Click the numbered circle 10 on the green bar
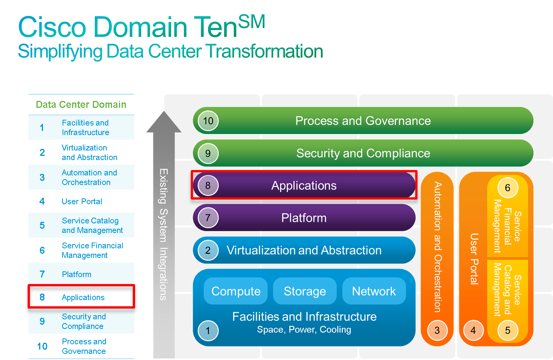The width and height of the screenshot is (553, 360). click(208, 121)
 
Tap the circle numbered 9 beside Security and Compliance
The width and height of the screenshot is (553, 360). click(208, 154)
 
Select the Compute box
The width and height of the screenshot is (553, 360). click(236, 291)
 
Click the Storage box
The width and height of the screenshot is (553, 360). click(305, 291)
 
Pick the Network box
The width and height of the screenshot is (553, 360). click(374, 291)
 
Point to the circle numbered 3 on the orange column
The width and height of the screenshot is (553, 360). click(437, 330)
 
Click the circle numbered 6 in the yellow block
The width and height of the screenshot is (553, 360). click(508, 188)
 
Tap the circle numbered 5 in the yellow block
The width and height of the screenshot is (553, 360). click(508, 330)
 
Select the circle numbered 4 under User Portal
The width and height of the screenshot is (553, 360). click(473, 330)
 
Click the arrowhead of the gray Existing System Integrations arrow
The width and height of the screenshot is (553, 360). click(164, 122)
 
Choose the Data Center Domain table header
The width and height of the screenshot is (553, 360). click(81, 104)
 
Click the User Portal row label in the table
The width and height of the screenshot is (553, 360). click(82, 201)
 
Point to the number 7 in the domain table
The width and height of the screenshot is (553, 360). click(42, 274)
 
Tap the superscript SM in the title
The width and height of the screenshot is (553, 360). click(252, 22)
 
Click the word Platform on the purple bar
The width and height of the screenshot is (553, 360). click(304, 218)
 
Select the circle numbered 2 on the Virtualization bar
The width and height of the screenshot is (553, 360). click(208, 250)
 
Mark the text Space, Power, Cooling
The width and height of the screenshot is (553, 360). click(304, 330)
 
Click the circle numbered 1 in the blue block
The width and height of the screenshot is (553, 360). click(208, 330)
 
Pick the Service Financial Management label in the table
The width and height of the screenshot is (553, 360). click(92, 250)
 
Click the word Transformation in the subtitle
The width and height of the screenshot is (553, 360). click(264, 51)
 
